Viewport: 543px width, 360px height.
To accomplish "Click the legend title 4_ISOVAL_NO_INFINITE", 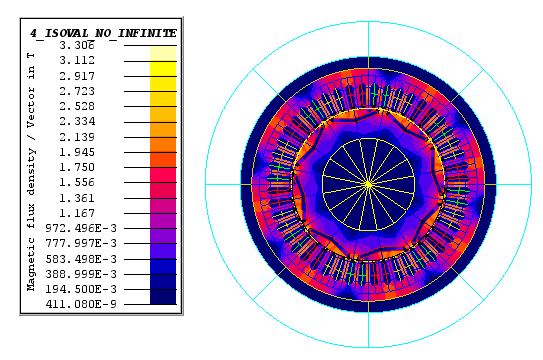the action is click(103, 33).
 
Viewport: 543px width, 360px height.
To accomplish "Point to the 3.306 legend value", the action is click(77, 45).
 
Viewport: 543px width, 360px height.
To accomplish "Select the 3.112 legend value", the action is click(77, 61).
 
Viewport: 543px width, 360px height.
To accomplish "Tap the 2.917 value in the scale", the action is click(77, 76).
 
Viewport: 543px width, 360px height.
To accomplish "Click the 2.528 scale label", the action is click(77, 106).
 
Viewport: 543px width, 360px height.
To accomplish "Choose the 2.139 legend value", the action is click(77, 137).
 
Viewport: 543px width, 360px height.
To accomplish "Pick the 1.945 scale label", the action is click(77, 152).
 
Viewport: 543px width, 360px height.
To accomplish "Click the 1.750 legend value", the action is click(77, 167).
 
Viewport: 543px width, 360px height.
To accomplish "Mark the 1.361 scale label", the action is click(77, 198).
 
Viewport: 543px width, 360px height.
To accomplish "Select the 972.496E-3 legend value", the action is click(81, 228).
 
